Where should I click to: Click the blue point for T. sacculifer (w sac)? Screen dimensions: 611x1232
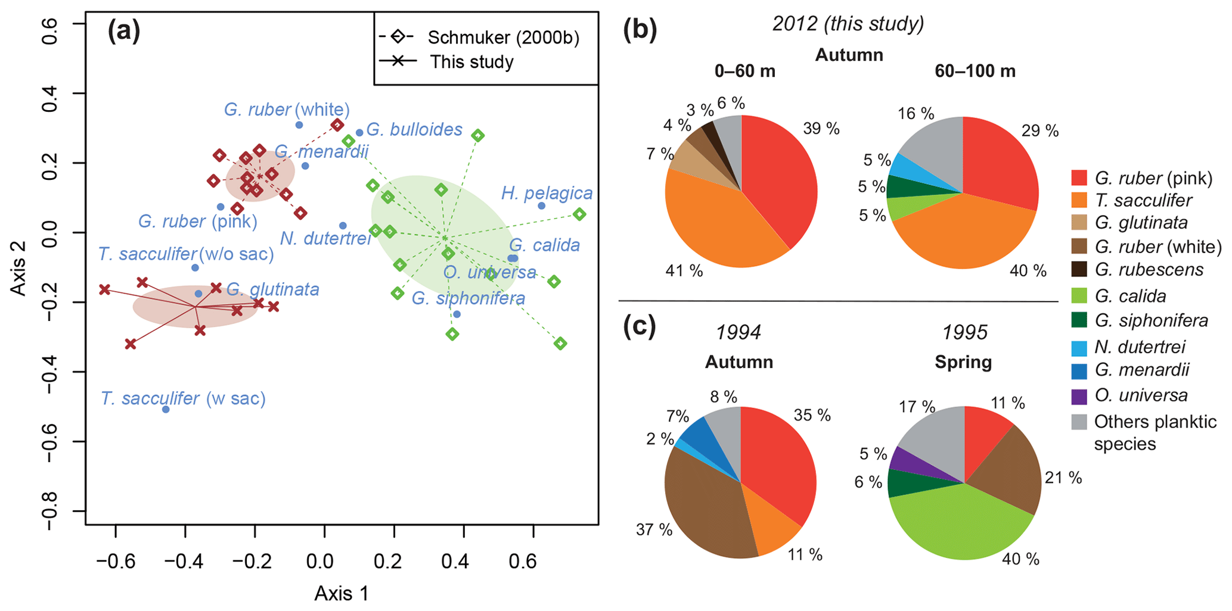(x=166, y=409)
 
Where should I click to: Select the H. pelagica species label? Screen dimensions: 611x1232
(x=547, y=193)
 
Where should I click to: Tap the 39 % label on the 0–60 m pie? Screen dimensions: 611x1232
(x=821, y=128)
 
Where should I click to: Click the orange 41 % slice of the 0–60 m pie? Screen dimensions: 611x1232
(x=715, y=220)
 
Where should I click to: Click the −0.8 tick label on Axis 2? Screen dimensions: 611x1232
(x=53, y=511)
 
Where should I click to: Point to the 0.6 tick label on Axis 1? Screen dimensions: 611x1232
(x=523, y=562)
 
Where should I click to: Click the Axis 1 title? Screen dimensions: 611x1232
(x=342, y=593)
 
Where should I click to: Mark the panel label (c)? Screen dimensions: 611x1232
(x=639, y=326)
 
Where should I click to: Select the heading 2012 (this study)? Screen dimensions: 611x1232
(x=848, y=24)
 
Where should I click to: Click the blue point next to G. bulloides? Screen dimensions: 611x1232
(x=359, y=133)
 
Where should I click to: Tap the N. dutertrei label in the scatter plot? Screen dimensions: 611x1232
(x=325, y=239)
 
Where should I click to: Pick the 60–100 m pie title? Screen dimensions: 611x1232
(x=975, y=71)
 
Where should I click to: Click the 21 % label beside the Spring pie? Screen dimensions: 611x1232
(x=1063, y=478)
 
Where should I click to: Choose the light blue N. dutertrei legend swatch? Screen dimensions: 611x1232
(x=1079, y=347)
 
